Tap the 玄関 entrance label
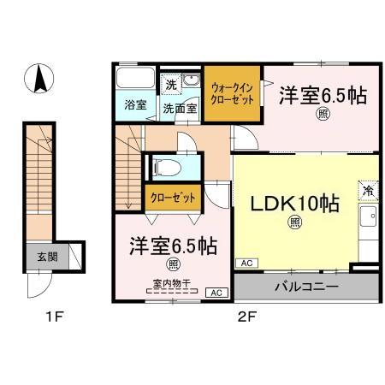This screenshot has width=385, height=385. (x=47, y=256)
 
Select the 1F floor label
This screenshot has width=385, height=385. (x=55, y=319)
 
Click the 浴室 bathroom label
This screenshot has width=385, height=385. (x=135, y=106)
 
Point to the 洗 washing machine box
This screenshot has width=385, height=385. (x=171, y=85)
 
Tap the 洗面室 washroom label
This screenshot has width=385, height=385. (x=180, y=109)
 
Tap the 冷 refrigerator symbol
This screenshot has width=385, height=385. (x=367, y=192)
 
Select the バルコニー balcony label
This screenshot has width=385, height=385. (x=305, y=285)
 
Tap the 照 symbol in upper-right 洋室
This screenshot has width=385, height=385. (x=323, y=111)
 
